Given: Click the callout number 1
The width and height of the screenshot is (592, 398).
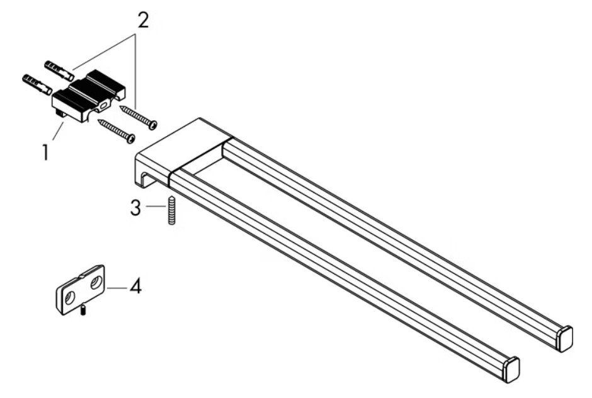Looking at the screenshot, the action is pos(45,152).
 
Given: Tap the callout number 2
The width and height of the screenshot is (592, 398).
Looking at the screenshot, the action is pos(142,20).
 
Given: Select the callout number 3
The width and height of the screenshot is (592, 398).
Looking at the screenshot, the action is pos(135,208).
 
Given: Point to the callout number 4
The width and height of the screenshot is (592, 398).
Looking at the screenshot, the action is pos(135,287).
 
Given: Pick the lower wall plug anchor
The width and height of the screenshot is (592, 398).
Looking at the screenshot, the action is pos(37,84).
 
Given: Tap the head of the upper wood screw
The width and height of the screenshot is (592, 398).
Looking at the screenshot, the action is pos(152,125).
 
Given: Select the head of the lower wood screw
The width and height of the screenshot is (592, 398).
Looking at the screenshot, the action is pos(130,139).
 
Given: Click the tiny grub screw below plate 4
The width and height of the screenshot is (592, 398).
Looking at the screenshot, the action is pos(84,310).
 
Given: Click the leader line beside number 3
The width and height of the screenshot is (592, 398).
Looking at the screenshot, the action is pos(156,207).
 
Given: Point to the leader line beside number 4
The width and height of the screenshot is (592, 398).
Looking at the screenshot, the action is pos(117,288).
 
